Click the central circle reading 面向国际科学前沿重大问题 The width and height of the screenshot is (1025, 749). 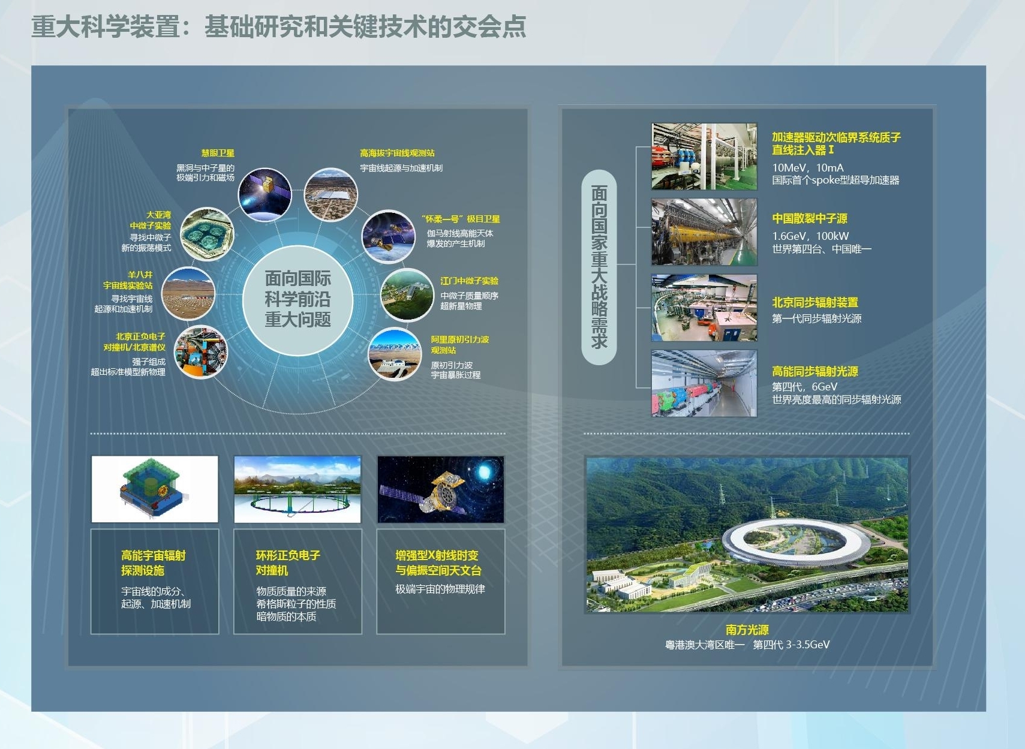pos(297,300)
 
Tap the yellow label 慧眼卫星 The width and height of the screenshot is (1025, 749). pos(218,153)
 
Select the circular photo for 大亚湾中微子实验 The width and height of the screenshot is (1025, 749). pos(207,234)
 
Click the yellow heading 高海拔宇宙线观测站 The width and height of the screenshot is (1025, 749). pos(396,153)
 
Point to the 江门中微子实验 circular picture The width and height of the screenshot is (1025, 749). pos(407,294)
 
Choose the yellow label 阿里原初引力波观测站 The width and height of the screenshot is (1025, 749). pos(459,345)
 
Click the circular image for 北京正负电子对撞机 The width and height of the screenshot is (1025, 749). pos(200,352)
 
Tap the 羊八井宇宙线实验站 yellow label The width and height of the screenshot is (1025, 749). pos(128,280)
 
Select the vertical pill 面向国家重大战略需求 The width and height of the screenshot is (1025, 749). pos(599,267)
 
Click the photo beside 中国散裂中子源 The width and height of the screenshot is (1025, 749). pos(704,232)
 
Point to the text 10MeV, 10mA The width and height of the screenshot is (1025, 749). pos(808,167)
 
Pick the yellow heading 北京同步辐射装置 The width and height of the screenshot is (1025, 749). pos(815,302)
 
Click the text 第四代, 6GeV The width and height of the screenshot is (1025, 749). pos(804,387)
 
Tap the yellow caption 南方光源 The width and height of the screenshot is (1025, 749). pos(747,630)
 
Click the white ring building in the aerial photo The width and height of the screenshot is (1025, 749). pos(796,543)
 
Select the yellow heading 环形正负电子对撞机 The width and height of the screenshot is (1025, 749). pos(288,562)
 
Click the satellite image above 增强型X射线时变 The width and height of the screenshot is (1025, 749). pos(441,489)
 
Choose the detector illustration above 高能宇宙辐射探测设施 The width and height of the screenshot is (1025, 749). pos(155,489)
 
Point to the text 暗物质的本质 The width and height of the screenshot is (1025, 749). pos(286,616)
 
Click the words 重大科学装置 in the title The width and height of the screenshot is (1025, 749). pos(106,26)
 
